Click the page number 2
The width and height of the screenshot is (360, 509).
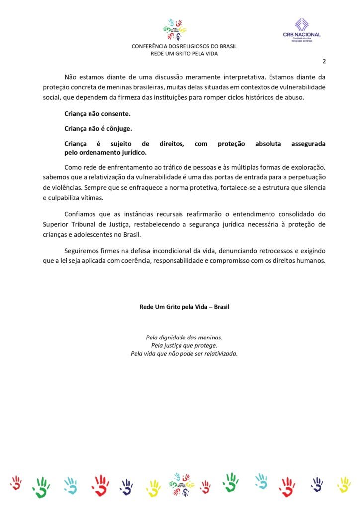pos(324,62)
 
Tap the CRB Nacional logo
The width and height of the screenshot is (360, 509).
pos(302,30)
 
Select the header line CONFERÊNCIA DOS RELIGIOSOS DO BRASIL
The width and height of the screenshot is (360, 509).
pos(184,47)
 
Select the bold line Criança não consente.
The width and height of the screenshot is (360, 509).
pos(97,114)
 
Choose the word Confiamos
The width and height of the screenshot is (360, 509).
pos(82,214)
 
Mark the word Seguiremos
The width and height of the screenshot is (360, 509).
pos(83,250)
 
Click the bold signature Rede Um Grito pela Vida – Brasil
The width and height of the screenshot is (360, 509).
pos(184,307)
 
